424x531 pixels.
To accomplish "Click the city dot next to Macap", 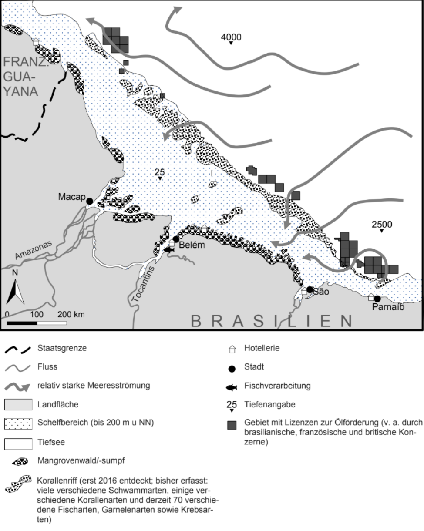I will (x=89, y=201).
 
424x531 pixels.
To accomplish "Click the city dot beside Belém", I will (x=176, y=239).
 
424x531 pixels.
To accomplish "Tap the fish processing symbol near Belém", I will (x=168, y=250).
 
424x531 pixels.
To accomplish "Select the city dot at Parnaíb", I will (x=377, y=299).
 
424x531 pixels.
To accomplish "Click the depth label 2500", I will (x=382, y=225).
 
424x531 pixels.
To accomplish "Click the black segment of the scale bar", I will (x=22, y=323).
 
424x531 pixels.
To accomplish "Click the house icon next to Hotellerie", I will (x=232, y=349).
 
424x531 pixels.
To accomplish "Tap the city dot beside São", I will (x=310, y=289).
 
